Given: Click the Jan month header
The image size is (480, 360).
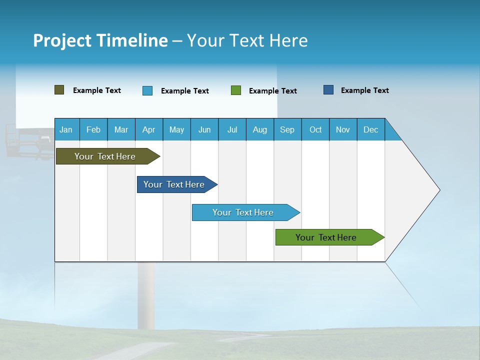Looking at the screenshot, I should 66,129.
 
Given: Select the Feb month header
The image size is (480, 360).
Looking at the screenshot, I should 93,129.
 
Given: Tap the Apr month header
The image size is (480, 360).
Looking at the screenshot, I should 148,129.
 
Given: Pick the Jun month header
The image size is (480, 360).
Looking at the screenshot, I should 204,129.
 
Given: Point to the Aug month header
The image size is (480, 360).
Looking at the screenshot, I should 259,129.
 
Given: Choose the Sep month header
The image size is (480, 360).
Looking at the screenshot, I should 287,129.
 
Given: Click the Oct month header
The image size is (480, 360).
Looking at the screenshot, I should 315,129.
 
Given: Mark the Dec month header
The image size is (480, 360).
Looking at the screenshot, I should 370,129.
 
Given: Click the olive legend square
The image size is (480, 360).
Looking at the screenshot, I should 59,90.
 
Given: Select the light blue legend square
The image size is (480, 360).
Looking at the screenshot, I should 147,90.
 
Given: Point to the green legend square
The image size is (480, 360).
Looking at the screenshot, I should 236,90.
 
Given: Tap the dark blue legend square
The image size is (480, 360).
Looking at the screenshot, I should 328,90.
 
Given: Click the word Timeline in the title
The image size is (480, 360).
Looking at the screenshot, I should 132,40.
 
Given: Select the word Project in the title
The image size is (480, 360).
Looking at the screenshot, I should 62,40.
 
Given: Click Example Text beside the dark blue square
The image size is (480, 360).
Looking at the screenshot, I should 364,90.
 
